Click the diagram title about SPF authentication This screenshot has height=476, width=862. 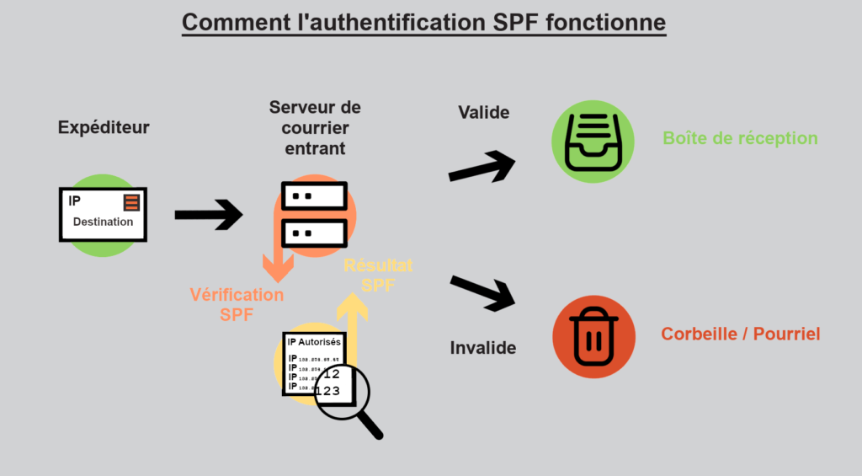(423, 22)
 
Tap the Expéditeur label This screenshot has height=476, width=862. (104, 128)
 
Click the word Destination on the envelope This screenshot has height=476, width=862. (103, 222)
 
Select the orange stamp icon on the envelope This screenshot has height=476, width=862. (130, 202)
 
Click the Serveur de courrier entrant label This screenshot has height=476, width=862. (315, 128)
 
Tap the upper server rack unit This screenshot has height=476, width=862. (315, 196)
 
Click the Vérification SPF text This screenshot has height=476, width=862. (237, 304)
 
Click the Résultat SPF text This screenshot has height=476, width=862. (378, 275)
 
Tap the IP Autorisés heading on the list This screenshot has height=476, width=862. (314, 342)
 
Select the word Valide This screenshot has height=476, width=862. (483, 112)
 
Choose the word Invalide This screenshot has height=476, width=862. (482, 347)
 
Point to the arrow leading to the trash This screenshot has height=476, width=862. (483, 291)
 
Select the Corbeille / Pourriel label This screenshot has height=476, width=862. (740, 334)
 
